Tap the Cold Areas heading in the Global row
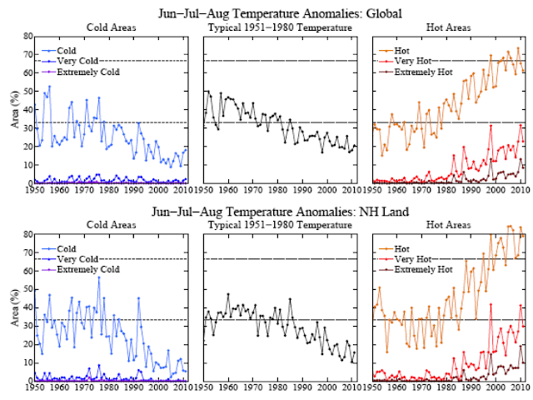(x=111, y=27)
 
